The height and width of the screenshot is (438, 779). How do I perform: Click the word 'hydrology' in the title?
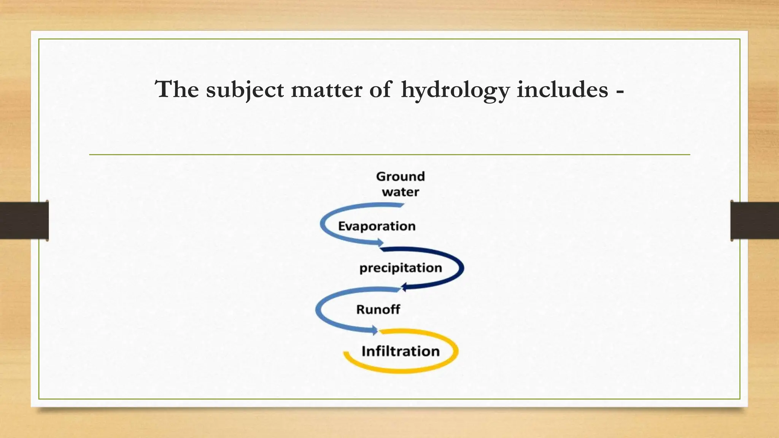(455, 90)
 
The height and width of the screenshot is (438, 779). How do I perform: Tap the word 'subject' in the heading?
(245, 90)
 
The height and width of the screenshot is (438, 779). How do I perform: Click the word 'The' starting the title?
(177, 90)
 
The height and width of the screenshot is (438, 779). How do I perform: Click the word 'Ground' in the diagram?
(401, 176)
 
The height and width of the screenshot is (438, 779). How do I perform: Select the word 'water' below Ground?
(401, 192)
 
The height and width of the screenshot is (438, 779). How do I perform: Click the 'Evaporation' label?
(377, 226)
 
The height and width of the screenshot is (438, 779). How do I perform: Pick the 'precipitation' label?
(401, 268)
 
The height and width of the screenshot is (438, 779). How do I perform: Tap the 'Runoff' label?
(378, 309)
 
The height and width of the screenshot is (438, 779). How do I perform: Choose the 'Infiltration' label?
(401, 351)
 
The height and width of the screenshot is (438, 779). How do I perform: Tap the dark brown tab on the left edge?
(24, 221)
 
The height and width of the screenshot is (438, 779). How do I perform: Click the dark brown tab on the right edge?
(755, 221)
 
